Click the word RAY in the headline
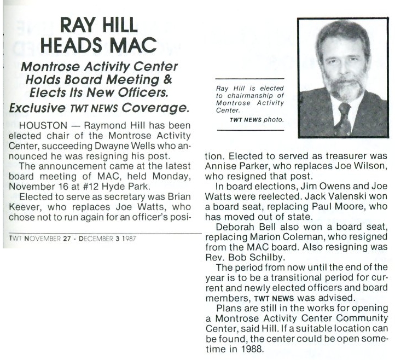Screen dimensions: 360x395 (x=79, y=25)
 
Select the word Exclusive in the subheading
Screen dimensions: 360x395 (x=37, y=107)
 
